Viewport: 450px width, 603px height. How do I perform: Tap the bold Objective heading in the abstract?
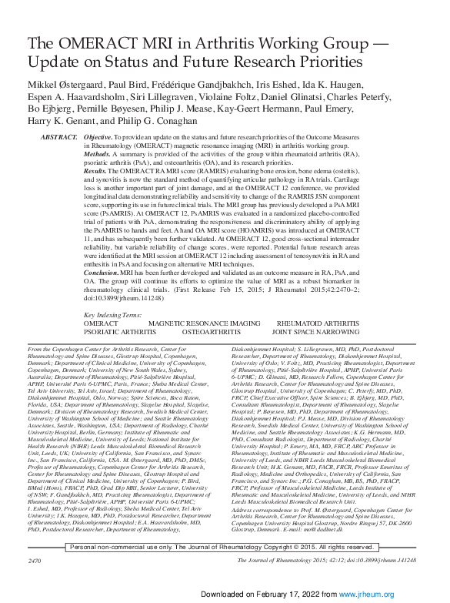[101, 136]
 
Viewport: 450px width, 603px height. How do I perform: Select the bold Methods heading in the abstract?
[98, 152]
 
